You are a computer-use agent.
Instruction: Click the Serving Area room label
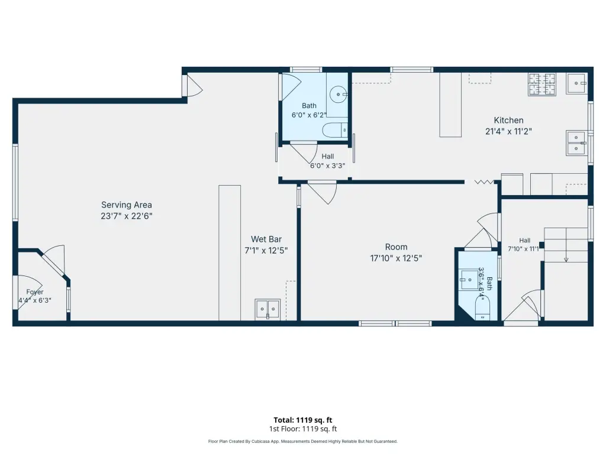[127, 205]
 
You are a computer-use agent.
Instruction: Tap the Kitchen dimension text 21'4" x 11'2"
[508, 131]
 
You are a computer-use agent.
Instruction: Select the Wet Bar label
[266, 239]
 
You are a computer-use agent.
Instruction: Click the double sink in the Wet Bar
[267, 309]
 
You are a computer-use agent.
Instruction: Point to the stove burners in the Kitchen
[542, 84]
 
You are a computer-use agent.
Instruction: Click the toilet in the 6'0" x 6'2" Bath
[335, 130]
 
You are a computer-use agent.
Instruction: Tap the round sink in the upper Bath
[339, 94]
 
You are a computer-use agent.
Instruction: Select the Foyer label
[35, 292]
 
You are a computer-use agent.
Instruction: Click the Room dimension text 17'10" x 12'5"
[396, 258]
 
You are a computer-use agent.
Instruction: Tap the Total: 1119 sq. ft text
[303, 420]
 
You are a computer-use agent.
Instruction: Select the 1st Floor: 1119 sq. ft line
[303, 429]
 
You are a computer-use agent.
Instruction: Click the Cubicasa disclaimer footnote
[303, 441]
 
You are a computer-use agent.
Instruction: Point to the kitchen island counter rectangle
[450, 105]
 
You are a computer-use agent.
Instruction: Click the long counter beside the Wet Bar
[230, 253]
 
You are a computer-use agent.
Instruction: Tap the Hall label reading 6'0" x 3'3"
[328, 161]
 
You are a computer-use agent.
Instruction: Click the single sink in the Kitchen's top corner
[576, 83]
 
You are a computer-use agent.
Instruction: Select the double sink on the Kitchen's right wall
[576, 143]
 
